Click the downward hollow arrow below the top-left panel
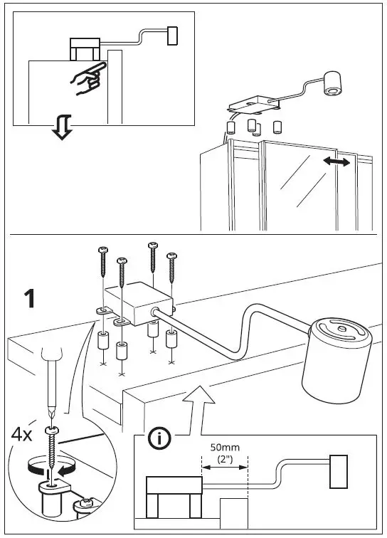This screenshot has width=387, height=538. [x=63, y=129]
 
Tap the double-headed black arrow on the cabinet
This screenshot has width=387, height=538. [x=335, y=163]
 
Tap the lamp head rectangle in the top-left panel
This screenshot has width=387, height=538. [x=172, y=36]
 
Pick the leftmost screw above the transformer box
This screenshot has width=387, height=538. [x=103, y=263]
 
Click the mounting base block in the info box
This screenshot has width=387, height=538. [x=173, y=497]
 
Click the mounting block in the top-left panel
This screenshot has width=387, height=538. [x=84, y=49]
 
